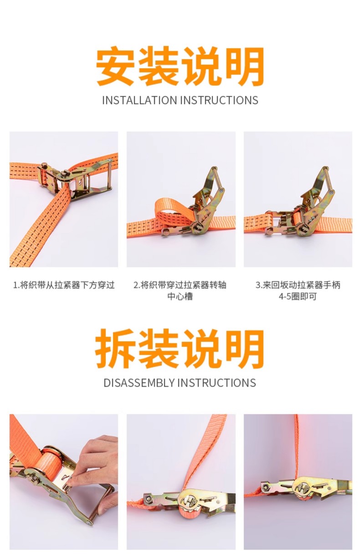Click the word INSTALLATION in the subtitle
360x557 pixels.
coord(139,100)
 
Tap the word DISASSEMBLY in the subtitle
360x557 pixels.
coord(139,383)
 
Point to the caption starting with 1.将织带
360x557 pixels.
coord(64,285)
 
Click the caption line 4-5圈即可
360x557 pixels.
coord(298,296)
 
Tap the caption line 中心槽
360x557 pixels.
coord(180,296)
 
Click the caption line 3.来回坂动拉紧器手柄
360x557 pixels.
coord(298,285)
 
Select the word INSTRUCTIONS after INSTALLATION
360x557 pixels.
coord(219,100)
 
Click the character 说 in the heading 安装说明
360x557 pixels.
coord(202,66)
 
